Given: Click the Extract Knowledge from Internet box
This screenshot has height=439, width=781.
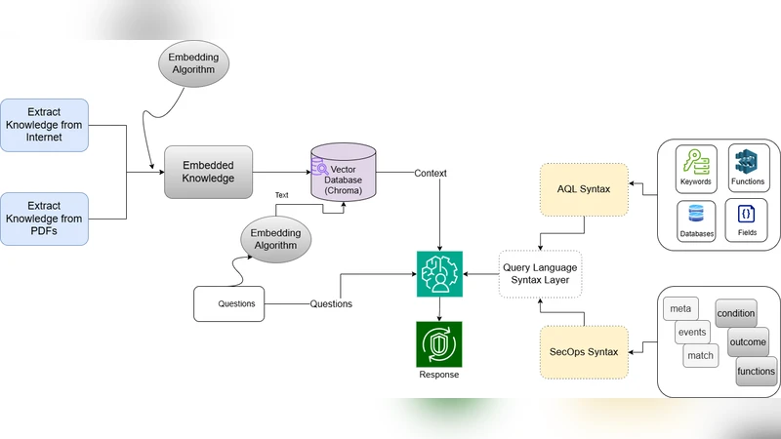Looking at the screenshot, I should tap(45, 125).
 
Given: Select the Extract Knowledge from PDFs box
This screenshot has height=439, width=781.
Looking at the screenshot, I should tap(45, 219).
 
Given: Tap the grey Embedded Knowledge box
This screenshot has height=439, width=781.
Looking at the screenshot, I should tap(208, 172).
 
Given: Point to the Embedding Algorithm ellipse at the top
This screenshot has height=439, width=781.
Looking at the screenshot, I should tap(194, 64).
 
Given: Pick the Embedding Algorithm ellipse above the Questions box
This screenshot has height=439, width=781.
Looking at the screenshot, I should tap(274, 239).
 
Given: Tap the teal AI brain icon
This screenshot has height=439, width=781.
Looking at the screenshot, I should tap(439, 274).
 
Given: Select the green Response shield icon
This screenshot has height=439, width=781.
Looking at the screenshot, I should tap(439, 344).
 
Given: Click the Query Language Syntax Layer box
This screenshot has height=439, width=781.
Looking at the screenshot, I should tap(540, 274).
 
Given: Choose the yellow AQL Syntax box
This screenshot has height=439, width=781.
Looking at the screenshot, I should tap(584, 188).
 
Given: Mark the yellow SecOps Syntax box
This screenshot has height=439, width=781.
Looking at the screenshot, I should tap(584, 352).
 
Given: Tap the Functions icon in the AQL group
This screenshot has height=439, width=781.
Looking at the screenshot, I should tap(748, 163).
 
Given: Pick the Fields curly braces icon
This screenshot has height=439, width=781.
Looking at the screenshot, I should tap(747, 217).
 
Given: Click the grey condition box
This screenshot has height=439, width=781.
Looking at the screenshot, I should tap(736, 313).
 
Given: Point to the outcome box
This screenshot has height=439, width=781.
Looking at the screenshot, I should tap(748, 341).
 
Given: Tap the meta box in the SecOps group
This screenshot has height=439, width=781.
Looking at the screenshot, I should tap(679, 309).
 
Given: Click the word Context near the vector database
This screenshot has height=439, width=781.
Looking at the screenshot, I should tap(430, 174).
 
